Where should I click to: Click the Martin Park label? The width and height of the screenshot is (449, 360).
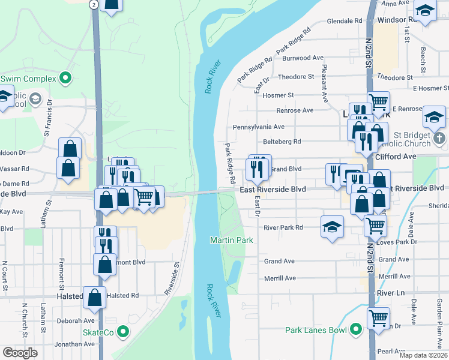pos(231,240)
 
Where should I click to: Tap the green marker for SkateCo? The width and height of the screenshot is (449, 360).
pos(123,331)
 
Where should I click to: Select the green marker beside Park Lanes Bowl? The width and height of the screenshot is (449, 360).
pos(355,329)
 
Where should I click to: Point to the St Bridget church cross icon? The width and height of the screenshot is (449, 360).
pos(439,138)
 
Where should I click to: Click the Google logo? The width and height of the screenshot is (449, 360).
pos(20,353)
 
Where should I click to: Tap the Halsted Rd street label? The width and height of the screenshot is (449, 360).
pos(122,295)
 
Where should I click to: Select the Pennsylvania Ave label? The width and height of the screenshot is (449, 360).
pos(259,127)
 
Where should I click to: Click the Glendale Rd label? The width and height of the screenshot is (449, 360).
pos(345,21)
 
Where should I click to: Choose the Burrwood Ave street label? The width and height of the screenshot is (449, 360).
pos(303,58)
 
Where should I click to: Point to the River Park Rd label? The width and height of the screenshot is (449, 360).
pos(283,227)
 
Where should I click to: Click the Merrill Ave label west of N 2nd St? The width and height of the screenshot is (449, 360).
pos(280,278)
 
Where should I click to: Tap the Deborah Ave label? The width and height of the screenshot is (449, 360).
pos(76,320)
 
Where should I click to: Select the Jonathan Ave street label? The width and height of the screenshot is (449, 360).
pos(74,344)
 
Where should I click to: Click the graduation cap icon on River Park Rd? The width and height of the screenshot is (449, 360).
pos(332,226)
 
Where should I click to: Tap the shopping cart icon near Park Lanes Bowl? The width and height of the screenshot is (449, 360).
pos(378,317)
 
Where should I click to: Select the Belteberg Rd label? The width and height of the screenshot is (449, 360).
pos(282,142)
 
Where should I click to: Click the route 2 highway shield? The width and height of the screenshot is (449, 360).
pos(94,4)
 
